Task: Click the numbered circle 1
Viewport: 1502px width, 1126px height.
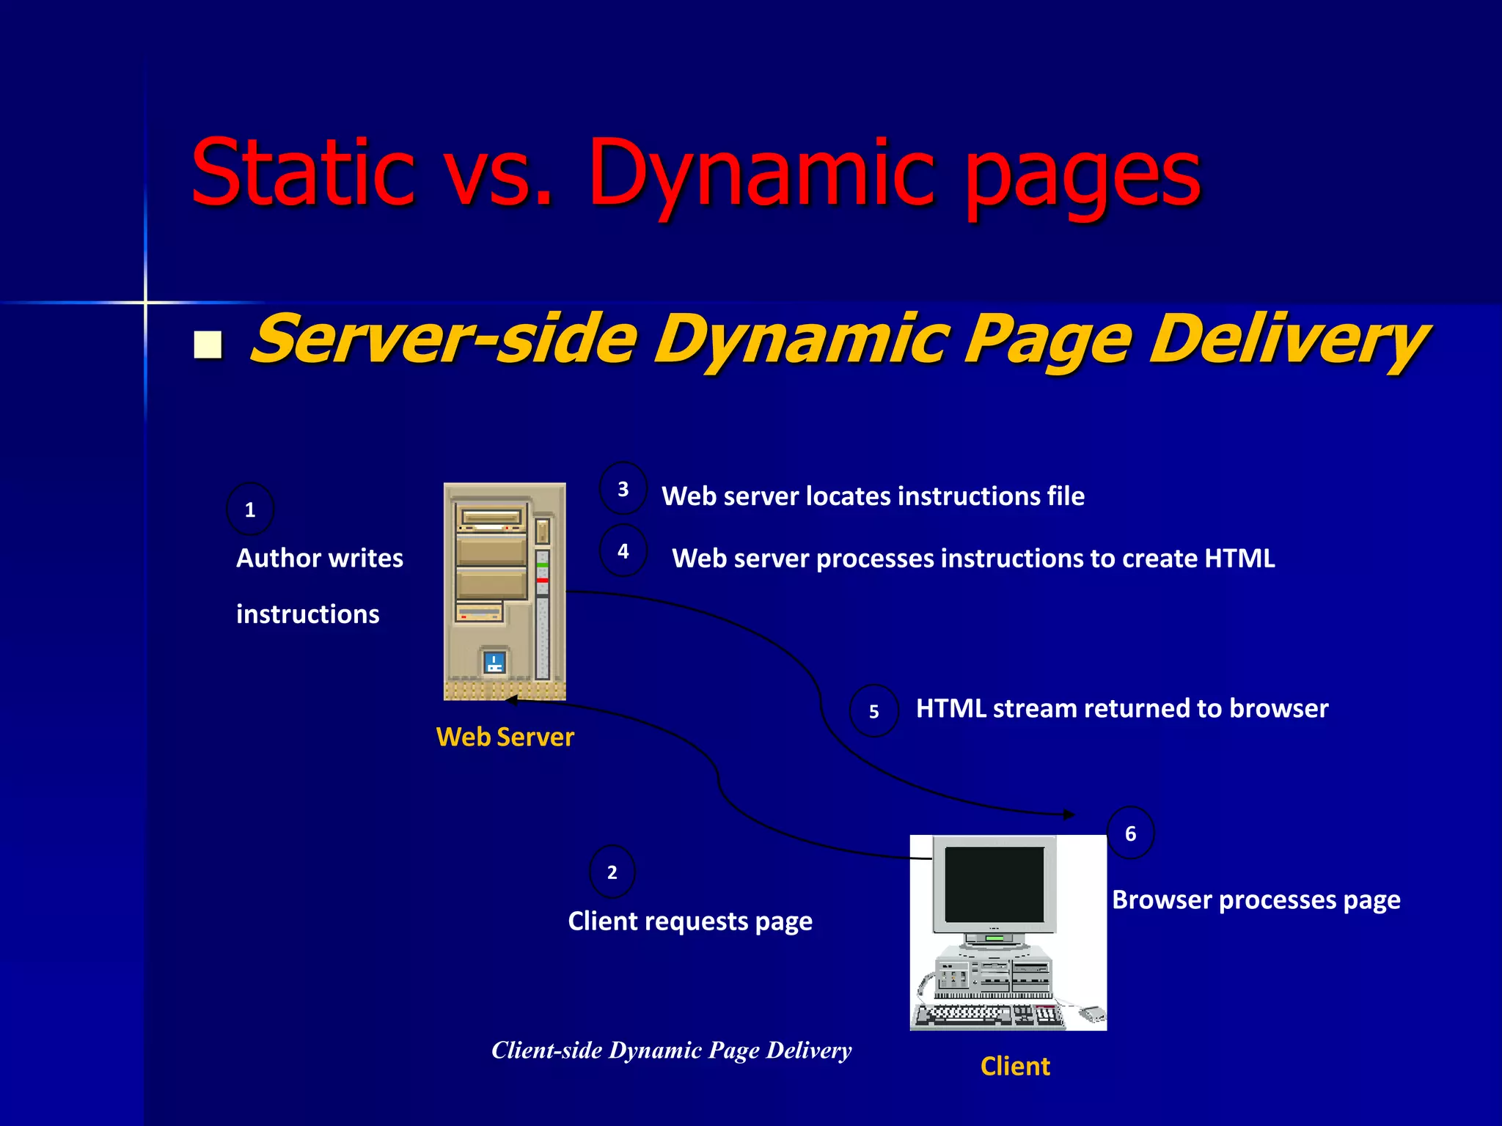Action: pos(250,509)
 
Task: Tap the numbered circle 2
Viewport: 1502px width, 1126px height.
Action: pos(612,872)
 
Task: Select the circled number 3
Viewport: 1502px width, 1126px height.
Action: pos(623,488)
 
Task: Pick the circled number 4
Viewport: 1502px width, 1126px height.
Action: pos(623,551)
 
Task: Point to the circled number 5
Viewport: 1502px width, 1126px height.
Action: pos(873,710)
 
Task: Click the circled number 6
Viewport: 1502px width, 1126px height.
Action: pos(1130,833)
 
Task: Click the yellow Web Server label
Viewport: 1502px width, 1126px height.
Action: pos(505,737)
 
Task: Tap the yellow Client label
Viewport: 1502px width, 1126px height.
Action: pos(1015,1066)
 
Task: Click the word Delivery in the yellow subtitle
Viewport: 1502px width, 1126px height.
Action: pos(1288,339)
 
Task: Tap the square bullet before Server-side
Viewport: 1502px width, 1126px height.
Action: pos(208,345)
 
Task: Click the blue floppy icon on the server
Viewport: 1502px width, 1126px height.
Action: pos(495,662)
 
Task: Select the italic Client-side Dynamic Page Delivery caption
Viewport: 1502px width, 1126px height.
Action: pos(671,1050)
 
